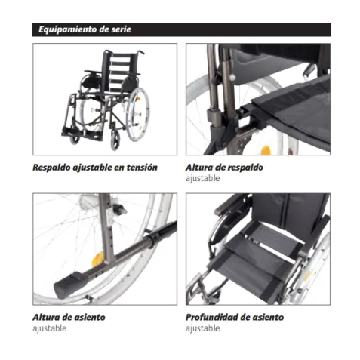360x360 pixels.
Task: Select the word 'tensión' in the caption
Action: pos(140,168)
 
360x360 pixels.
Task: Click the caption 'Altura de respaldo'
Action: pos(223,168)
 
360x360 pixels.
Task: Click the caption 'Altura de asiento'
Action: pos(68,317)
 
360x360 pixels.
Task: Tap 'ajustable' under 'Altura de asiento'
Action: pos(49,328)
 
